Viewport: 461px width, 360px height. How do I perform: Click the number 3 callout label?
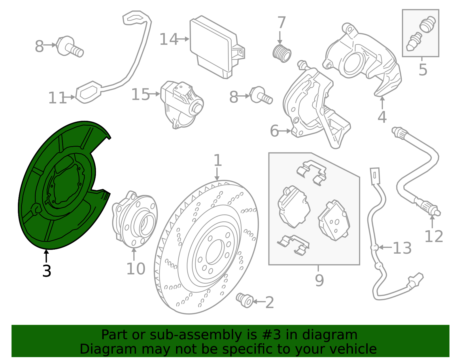pyautogui.click(x=47, y=271)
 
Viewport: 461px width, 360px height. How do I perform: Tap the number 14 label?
pyautogui.click(x=169, y=39)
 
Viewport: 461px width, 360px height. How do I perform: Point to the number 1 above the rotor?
pyautogui.click(x=218, y=160)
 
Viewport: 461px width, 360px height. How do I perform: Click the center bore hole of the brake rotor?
pyautogui.click(x=215, y=252)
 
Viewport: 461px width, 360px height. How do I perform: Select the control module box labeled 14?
pyautogui.click(x=217, y=47)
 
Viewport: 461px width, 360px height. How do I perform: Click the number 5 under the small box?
pyautogui.click(x=423, y=69)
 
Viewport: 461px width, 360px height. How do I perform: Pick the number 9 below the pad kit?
pyautogui.click(x=320, y=280)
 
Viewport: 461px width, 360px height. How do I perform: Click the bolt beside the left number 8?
pyautogui.click(x=70, y=47)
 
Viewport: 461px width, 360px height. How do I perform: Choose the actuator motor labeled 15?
pyautogui.click(x=182, y=105)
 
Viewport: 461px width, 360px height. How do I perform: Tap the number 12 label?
pyautogui.click(x=434, y=236)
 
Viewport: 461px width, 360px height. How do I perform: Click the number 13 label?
pyautogui.click(x=402, y=248)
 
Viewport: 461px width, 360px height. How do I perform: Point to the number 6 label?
pyautogui.click(x=274, y=131)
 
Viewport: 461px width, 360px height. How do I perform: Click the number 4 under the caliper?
pyautogui.click(x=382, y=117)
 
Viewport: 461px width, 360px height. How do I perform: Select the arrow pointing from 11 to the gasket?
pyautogui.click(x=70, y=97)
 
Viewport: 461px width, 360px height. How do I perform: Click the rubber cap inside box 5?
pyautogui.click(x=428, y=24)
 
